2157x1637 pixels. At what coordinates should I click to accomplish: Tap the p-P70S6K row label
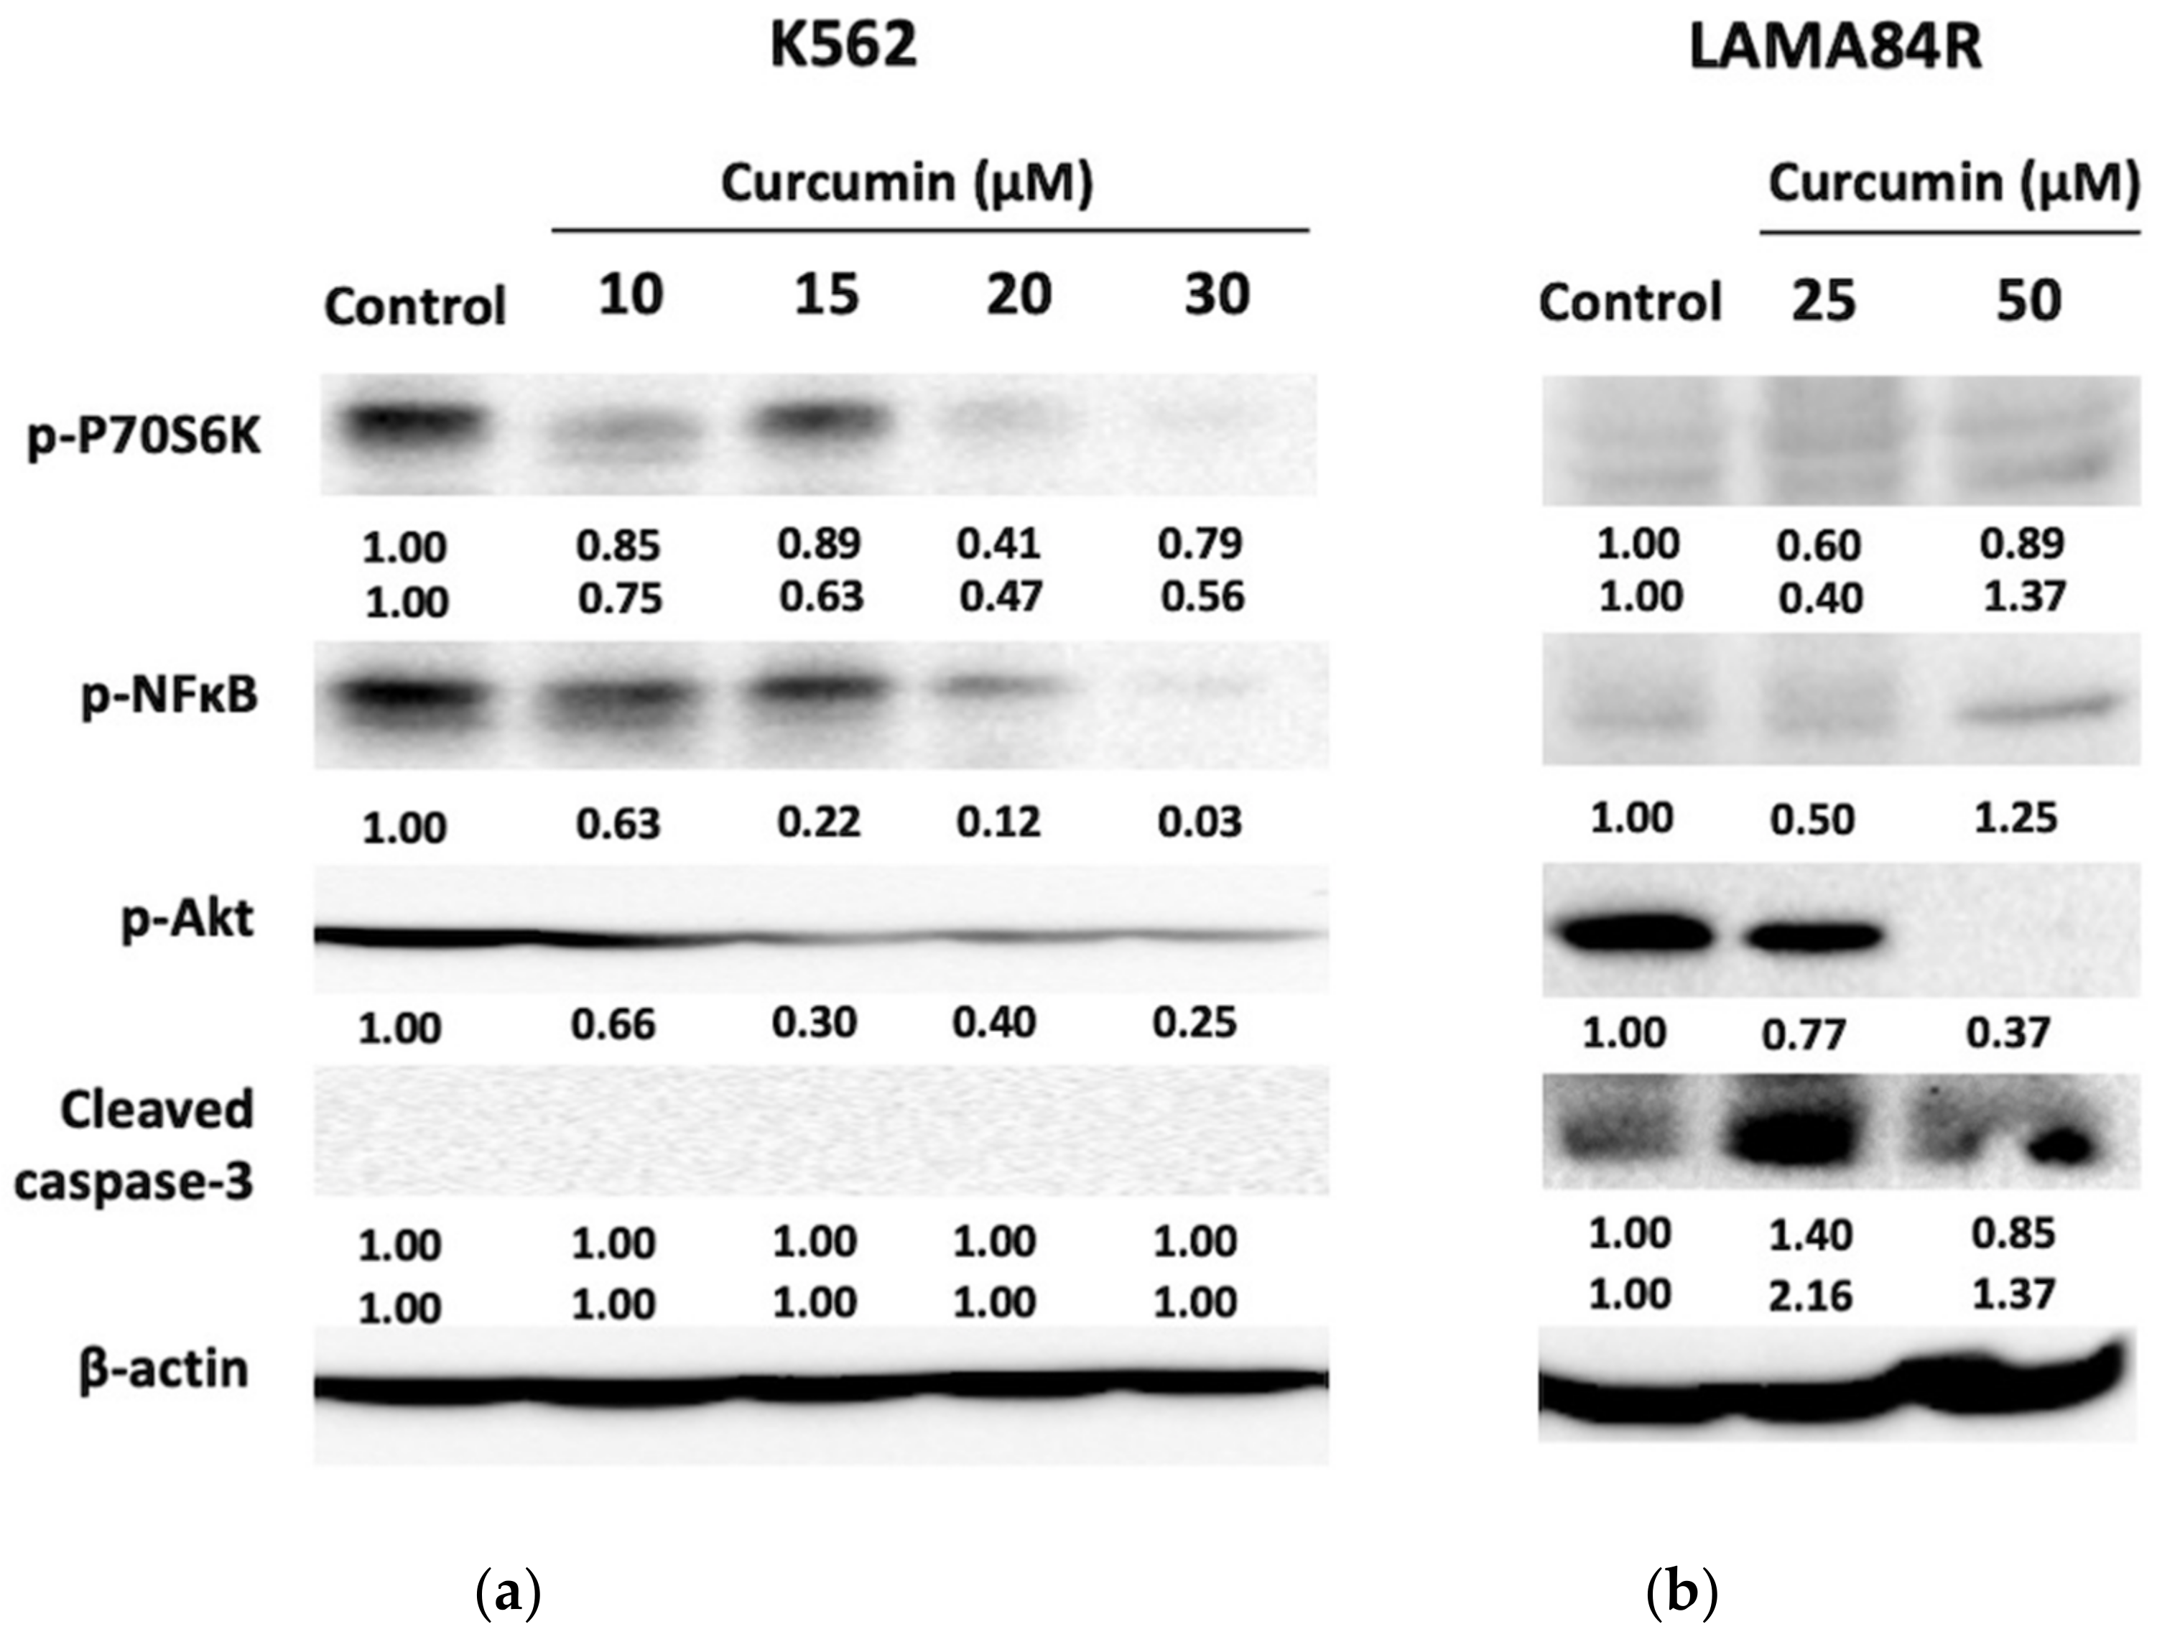click(x=144, y=439)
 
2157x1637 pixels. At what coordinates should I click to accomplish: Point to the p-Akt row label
click(x=187, y=919)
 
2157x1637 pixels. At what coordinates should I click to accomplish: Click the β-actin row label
click(x=164, y=1370)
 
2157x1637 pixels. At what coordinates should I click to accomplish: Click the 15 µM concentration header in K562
click(x=826, y=295)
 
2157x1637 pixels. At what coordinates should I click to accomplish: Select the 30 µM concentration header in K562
click(x=1216, y=295)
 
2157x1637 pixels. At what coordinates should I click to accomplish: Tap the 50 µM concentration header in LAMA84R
click(x=2028, y=300)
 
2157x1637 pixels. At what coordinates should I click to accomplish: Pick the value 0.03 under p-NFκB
click(x=1200, y=822)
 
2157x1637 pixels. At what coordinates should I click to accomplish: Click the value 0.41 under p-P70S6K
click(x=998, y=543)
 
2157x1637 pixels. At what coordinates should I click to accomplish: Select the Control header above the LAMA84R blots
click(x=1630, y=302)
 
